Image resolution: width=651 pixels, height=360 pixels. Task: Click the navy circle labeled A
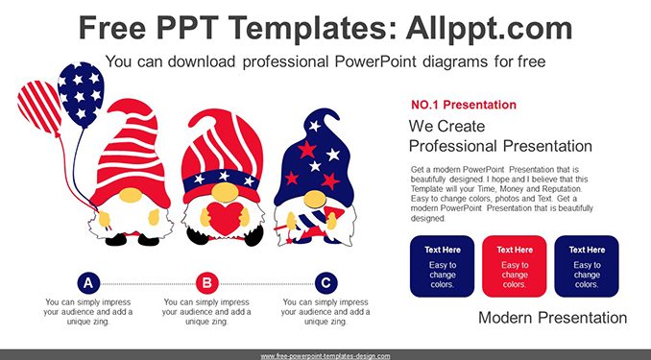click(x=88, y=283)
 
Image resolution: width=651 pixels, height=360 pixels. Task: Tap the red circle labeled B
click(x=207, y=283)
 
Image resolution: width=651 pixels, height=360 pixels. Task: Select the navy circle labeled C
click(x=325, y=283)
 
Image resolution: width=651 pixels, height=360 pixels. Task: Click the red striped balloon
click(x=39, y=108)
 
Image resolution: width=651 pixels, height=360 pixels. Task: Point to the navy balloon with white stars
click(x=81, y=94)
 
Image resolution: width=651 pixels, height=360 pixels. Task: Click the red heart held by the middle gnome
click(x=225, y=219)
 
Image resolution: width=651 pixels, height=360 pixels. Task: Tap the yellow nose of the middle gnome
click(x=225, y=192)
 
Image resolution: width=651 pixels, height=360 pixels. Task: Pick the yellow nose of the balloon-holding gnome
click(x=131, y=195)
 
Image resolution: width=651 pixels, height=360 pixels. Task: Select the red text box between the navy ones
click(x=515, y=266)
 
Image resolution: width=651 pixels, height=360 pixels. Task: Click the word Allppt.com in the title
click(x=489, y=28)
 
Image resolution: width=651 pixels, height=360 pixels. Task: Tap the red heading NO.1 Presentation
click(x=464, y=105)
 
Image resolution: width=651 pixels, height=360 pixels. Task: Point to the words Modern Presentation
click(x=553, y=318)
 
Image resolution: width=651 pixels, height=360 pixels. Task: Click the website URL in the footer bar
click(x=325, y=356)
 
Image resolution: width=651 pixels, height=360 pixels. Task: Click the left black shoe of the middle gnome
click(x=197, y=235)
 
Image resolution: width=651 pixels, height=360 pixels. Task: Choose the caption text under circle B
click(x=206, y=312)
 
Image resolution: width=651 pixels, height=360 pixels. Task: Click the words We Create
click(x=446, y=126)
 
